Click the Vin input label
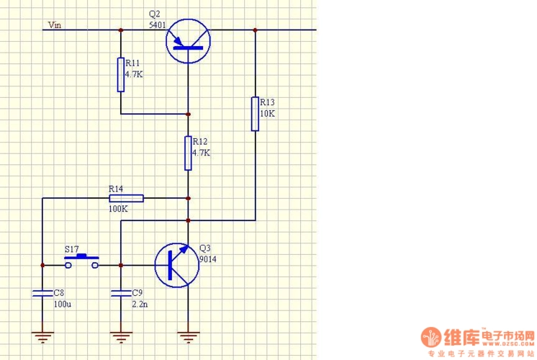coord(55,25)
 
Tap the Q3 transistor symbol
coord(176,265)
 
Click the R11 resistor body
coord(121,74)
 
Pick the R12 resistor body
coord(188,153)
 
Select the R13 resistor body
coord(255,113)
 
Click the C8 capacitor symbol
coord(42,293)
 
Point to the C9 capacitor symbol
coord(120,293)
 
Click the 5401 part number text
coord(157,24)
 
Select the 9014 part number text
coord(207,260)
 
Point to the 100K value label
coord(118,209)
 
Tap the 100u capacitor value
coord(63,305)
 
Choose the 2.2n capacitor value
coord(139,305)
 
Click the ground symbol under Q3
coord(188,334)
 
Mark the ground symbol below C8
coord(42,334)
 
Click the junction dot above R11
coord(121,30)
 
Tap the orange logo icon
coord(433,338)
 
